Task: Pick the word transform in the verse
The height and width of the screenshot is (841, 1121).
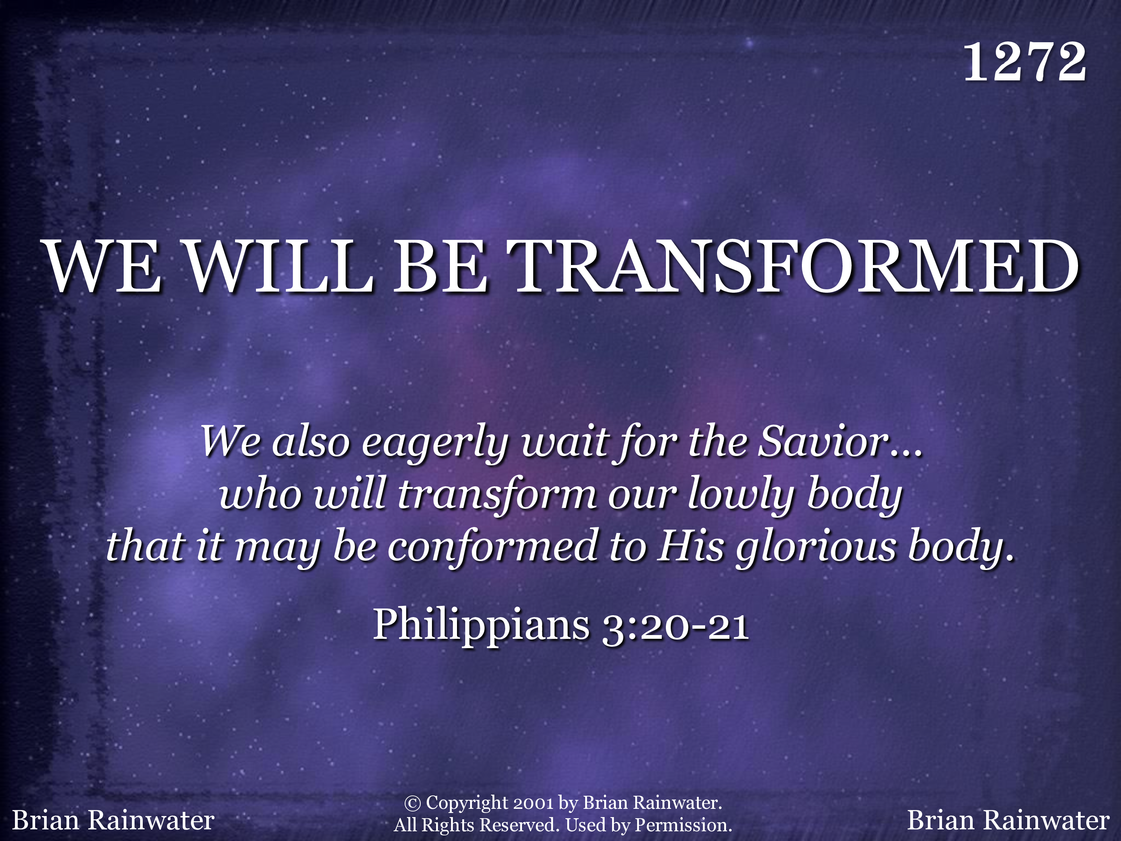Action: tap(497, 494)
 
